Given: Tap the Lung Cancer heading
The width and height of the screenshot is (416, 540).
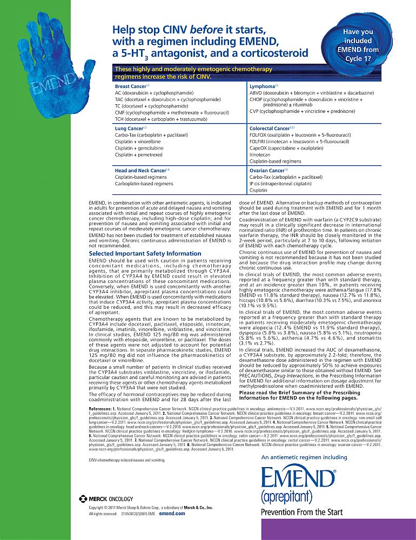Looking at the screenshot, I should pos(129,128).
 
